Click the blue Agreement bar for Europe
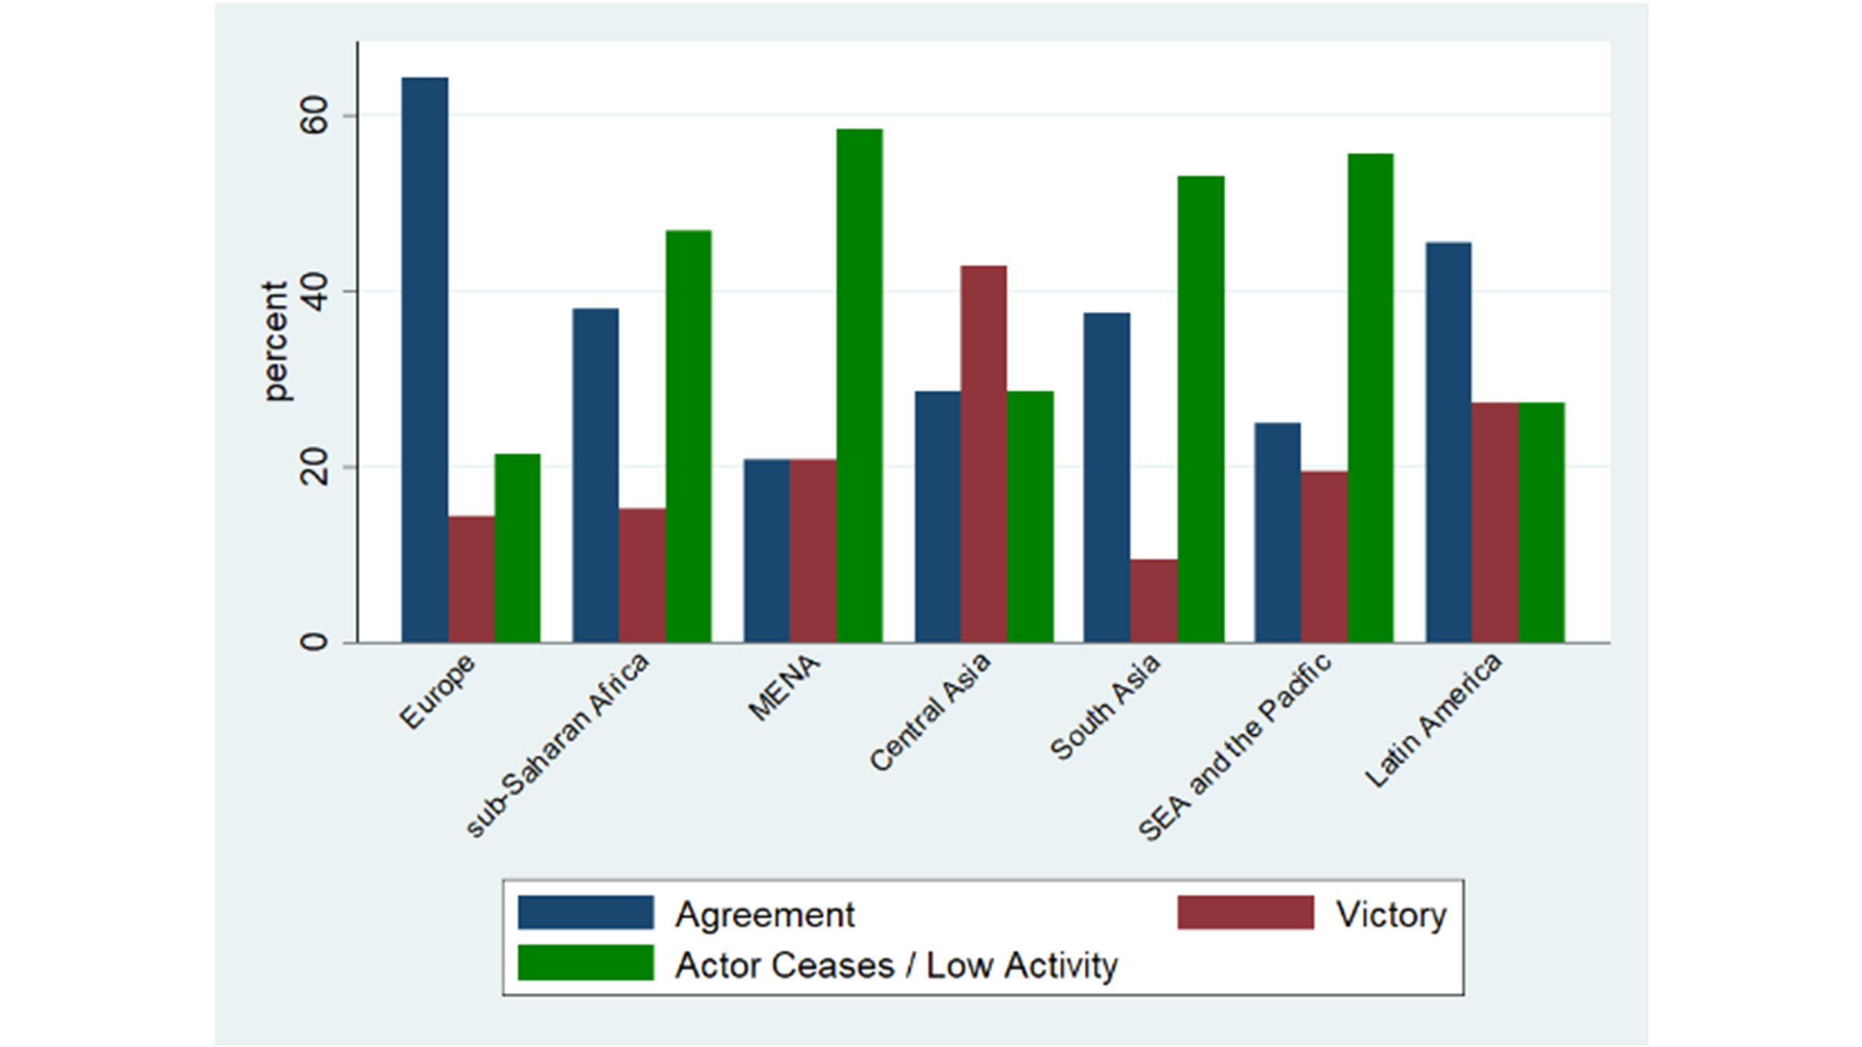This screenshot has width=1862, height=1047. click(x=424, y=360)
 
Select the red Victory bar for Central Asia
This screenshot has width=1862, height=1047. click(x=983, y=454)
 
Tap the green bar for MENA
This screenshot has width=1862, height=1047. click(x=859, y=385)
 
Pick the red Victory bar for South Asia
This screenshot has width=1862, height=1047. click(x=1154, y=601)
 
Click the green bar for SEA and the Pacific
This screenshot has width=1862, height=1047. click(x=1370, y=398)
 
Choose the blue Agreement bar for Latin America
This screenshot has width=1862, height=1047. click(x=1448, y=442)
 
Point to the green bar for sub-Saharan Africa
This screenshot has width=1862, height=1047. click(x=688, y=436)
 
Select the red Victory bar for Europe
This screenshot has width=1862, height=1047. click(x=471, y=579)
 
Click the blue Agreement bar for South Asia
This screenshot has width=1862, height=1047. click(x=1107, y=478)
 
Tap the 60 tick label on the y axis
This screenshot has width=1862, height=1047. click(x=314, y=116)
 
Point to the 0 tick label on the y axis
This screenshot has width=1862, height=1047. click(x=314, y=642)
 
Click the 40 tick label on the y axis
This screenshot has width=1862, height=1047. click(x=314, y=292)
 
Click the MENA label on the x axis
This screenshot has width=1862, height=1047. click(x=784, y=687)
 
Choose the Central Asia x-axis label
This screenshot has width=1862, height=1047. click(x=929, y=712)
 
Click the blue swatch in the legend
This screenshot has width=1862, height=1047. click(x=586, y=913)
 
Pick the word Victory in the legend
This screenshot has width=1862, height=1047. click(x=1391, y=915)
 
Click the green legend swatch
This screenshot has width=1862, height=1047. click(x=586, y=963)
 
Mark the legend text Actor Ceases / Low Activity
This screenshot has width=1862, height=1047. click(x=896, y=966)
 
